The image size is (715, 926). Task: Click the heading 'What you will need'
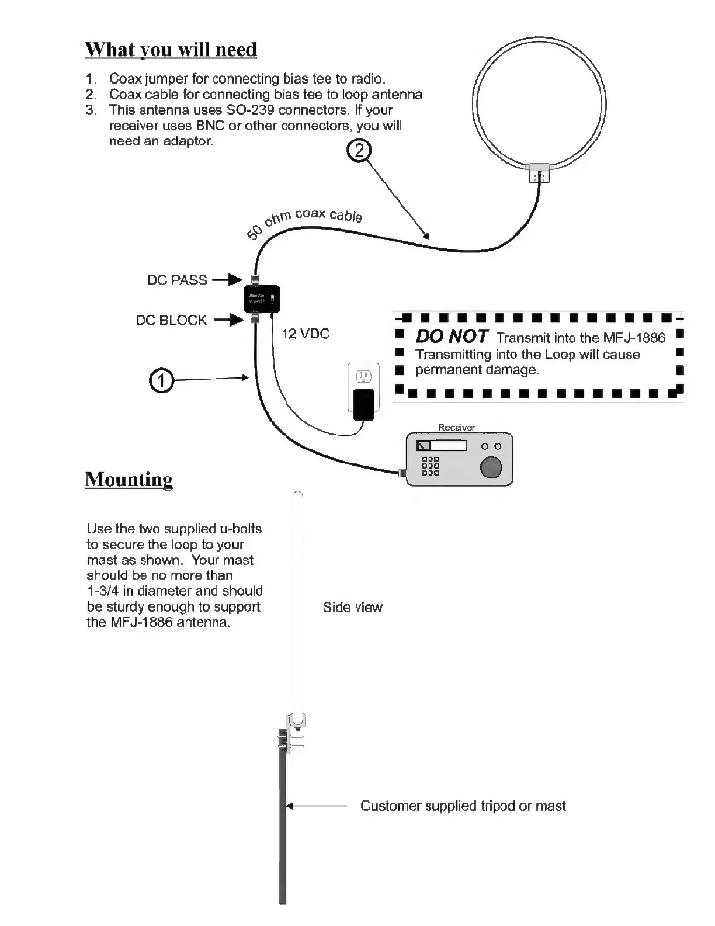click(x=171, y=50)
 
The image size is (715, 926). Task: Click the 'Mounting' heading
click(x=129, y=479)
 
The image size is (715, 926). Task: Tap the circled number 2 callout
click(x=359, y=151)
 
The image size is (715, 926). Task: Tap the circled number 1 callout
click(x=162, y=381)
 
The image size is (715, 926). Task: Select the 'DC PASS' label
click(x=176, y=280)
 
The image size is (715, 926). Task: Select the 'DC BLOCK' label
click(x=171, y=320)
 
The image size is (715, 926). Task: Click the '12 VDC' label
click(x=306, y=334)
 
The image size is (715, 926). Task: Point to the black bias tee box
click(x=262, y=299)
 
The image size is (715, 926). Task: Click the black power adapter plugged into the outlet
click(x=363, y=403)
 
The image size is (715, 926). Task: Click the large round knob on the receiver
click(x=491, y=467)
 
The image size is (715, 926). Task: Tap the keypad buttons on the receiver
click(x=430, y=466)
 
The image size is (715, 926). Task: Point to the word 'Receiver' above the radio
click(x=456, y=428)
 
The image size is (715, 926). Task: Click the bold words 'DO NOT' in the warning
click(x=452, y=337)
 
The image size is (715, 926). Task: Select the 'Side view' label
click(x=352, y=608)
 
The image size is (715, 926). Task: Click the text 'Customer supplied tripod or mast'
click(x=463, y=806)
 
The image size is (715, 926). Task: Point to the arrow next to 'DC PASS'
click(x=227, y=280)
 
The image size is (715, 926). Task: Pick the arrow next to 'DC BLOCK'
click(x=228, y=320)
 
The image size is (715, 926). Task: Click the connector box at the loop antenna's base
click(x=539, y=172)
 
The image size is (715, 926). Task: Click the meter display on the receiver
click(x=441, y=446)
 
